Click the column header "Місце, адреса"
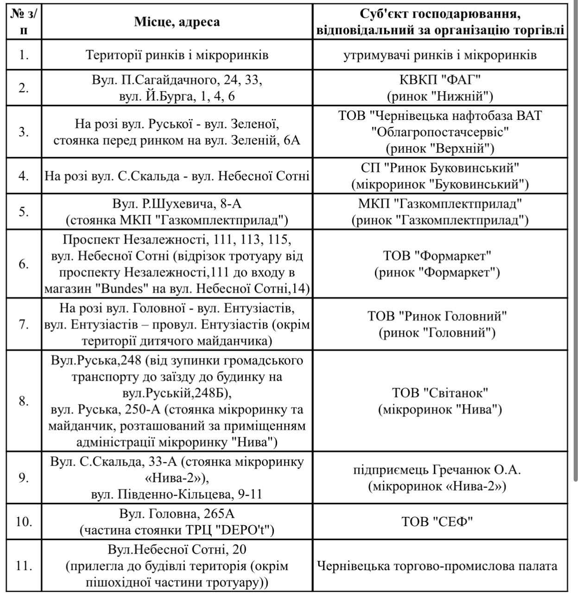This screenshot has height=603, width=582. (x=177, y=22)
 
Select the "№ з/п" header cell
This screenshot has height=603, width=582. (x=24, y=22)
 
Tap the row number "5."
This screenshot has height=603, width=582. (x=24, y=212)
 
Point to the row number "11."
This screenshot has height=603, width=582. (x=24, y=566)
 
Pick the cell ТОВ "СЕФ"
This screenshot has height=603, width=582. (x=440, y=521)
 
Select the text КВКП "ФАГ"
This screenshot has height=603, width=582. (x=440, y=80)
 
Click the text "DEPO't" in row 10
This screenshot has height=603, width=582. (x=249, y=530)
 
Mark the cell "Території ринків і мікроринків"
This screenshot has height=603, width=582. (x=177, y=55)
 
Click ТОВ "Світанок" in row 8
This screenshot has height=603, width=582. (x=440, y=393)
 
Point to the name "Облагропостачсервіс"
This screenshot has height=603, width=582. (x=440, y=132)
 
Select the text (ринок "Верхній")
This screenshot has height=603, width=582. (x=440, y=149)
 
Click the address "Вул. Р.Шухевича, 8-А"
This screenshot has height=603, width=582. (x=177, y=203)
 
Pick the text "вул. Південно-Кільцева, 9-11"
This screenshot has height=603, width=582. (x=177, y=494)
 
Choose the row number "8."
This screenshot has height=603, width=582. (x=24, y=401)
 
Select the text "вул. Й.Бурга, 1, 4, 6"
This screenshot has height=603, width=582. (x=177, y=96)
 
